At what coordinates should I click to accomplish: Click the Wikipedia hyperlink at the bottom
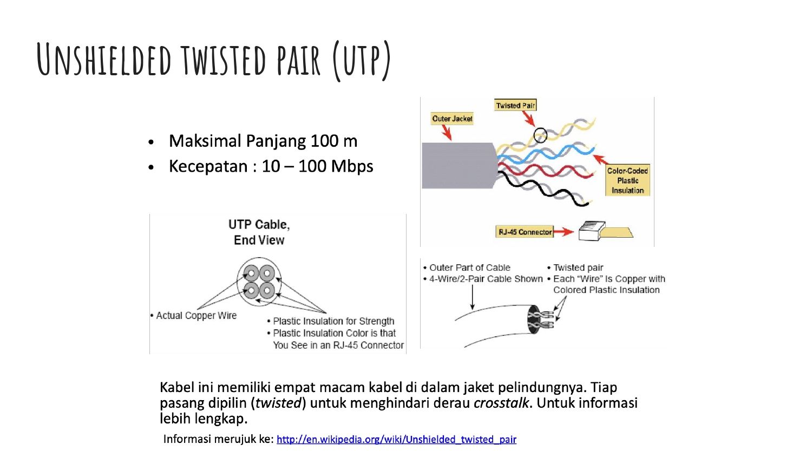point(396,440)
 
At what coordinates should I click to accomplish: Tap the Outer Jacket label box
point(452,119)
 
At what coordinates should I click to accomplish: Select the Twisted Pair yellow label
point(515,105)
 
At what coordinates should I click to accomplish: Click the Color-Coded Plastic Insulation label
point(627,180)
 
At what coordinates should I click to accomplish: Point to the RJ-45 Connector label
point(525,232)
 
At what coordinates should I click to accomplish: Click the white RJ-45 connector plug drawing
point(592,231)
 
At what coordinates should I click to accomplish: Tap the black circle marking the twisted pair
point(540,135)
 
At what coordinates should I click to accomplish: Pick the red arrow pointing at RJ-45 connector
point(564,231)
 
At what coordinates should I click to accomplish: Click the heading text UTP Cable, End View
point(259,232)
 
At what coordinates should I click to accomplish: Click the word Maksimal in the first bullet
point(205,141)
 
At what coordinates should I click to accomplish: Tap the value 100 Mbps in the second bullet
point(336,166)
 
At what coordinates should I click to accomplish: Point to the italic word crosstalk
point(501,403)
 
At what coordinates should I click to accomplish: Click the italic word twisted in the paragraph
point(278,403)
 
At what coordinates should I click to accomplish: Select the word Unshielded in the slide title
point(104,59)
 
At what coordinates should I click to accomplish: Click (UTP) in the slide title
point(362,60)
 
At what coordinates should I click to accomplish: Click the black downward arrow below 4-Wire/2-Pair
point(473,297)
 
